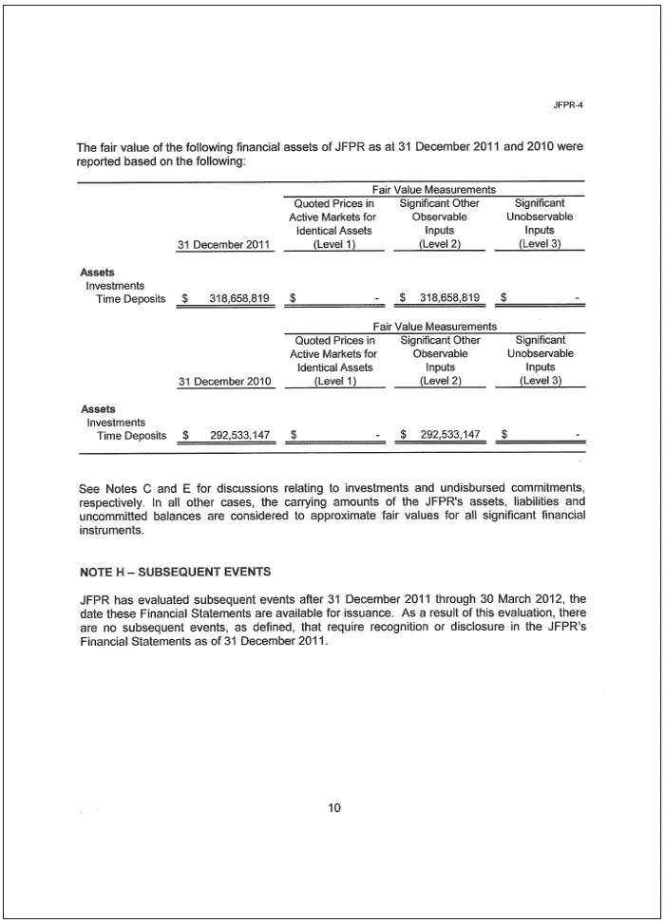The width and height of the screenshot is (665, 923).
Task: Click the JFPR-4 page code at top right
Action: [x=567, y=104]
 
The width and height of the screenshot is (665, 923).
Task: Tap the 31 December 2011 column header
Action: [x=224, y=244]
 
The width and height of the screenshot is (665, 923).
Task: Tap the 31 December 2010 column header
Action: [x=224, y=382]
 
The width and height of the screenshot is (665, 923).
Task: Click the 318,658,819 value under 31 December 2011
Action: [x=239, y=298]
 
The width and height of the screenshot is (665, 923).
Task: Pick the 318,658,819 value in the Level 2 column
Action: [x=449, y=298]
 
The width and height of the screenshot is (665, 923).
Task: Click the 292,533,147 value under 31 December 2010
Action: [x=239, y=436]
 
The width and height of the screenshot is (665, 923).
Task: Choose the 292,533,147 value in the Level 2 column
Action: [x=449, y=436]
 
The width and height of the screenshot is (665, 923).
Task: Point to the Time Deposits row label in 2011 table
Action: [x=131, y=298]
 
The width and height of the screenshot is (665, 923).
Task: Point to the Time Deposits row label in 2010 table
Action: [x=131, y=436]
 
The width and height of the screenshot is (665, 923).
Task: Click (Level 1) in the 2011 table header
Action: [x=332, y=244]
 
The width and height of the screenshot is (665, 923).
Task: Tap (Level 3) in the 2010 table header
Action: [x=540, y=382]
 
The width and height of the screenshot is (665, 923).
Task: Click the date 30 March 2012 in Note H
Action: [x=515, y=599]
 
